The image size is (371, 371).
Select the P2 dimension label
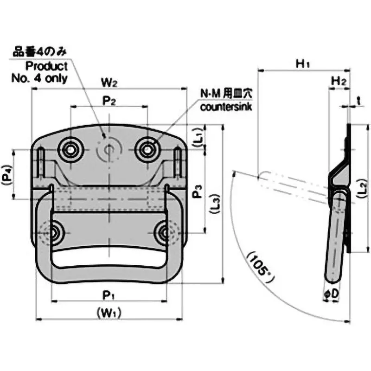[x=109, y=102]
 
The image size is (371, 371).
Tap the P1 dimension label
[x=109, y=294]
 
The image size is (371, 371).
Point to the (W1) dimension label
[x=109, y=313]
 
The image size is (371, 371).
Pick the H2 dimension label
[x=339, y=81]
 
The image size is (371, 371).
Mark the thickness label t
[x=359, y=100]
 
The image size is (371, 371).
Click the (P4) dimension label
[x=7, y=173]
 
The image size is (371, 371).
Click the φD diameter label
[x=332, y=294]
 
